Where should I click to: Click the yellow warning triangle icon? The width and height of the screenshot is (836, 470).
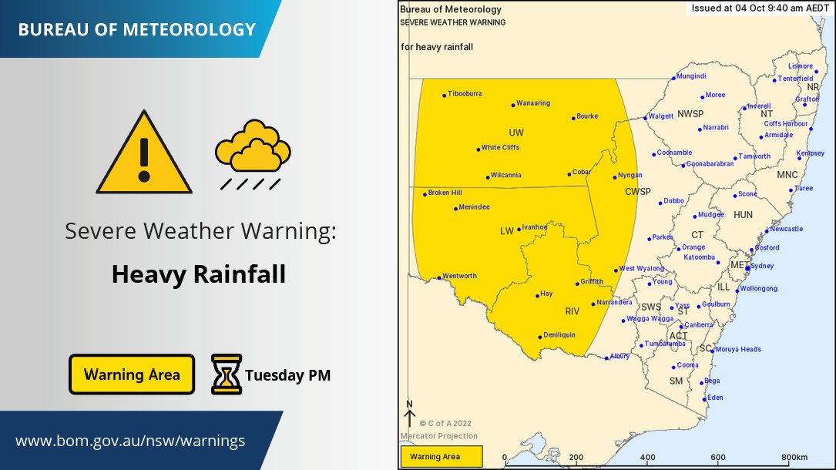(144, 155)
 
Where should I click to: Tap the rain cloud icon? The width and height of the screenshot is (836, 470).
(253, 153)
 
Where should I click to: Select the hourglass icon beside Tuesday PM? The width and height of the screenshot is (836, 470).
(227, 374)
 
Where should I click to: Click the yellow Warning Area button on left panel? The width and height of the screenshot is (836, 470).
(132, 374)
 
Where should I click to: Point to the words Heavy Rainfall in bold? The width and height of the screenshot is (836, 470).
(199, 274)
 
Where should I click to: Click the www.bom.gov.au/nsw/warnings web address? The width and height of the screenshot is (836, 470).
(130, 441)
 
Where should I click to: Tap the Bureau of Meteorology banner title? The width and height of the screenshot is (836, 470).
(136, 30)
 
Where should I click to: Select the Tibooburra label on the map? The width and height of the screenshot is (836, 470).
(465, 94)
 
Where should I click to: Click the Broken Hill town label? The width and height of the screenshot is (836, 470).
(445, 193)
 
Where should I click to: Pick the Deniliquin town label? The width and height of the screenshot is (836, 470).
(559, 335)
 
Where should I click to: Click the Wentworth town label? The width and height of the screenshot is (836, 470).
(459, 276)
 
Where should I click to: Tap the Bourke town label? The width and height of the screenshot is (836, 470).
(587, 116)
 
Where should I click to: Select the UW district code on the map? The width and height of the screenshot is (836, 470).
(515, 133)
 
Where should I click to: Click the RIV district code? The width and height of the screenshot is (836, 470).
(572, 311)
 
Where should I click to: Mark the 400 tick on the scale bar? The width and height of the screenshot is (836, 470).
(647, 457)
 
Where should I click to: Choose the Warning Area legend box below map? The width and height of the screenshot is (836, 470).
(440, 457)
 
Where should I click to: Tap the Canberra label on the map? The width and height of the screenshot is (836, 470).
(699, 325)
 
